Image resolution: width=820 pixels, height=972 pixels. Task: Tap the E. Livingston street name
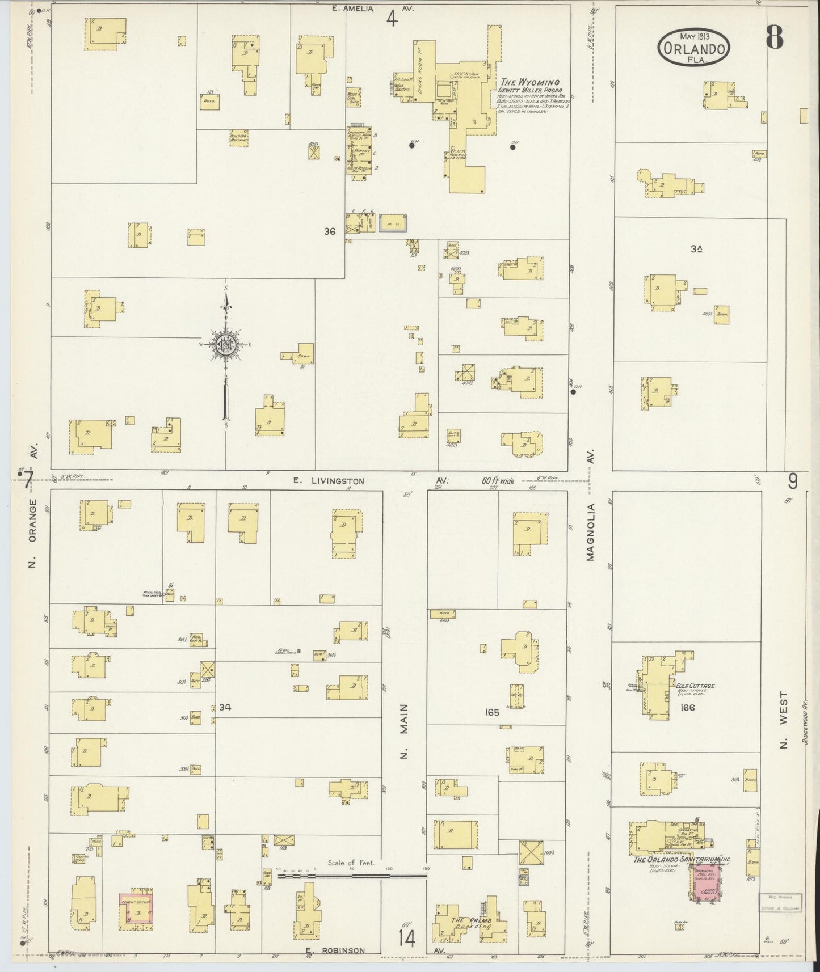click(329, 481)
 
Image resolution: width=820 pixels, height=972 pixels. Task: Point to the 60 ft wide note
click(498, 481)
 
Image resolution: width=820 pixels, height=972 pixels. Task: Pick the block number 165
click(492, 712)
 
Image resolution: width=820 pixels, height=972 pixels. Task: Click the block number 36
click(330, 231)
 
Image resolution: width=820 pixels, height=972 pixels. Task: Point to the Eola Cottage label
click(695, 686)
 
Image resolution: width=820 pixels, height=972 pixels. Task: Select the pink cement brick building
click(136, 911)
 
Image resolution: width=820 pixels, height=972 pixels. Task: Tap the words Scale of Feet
click(351, 863)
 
